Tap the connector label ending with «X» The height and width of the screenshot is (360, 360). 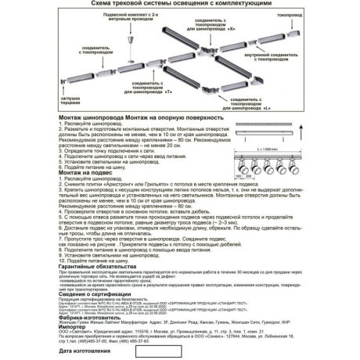(x=210, y=44)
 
